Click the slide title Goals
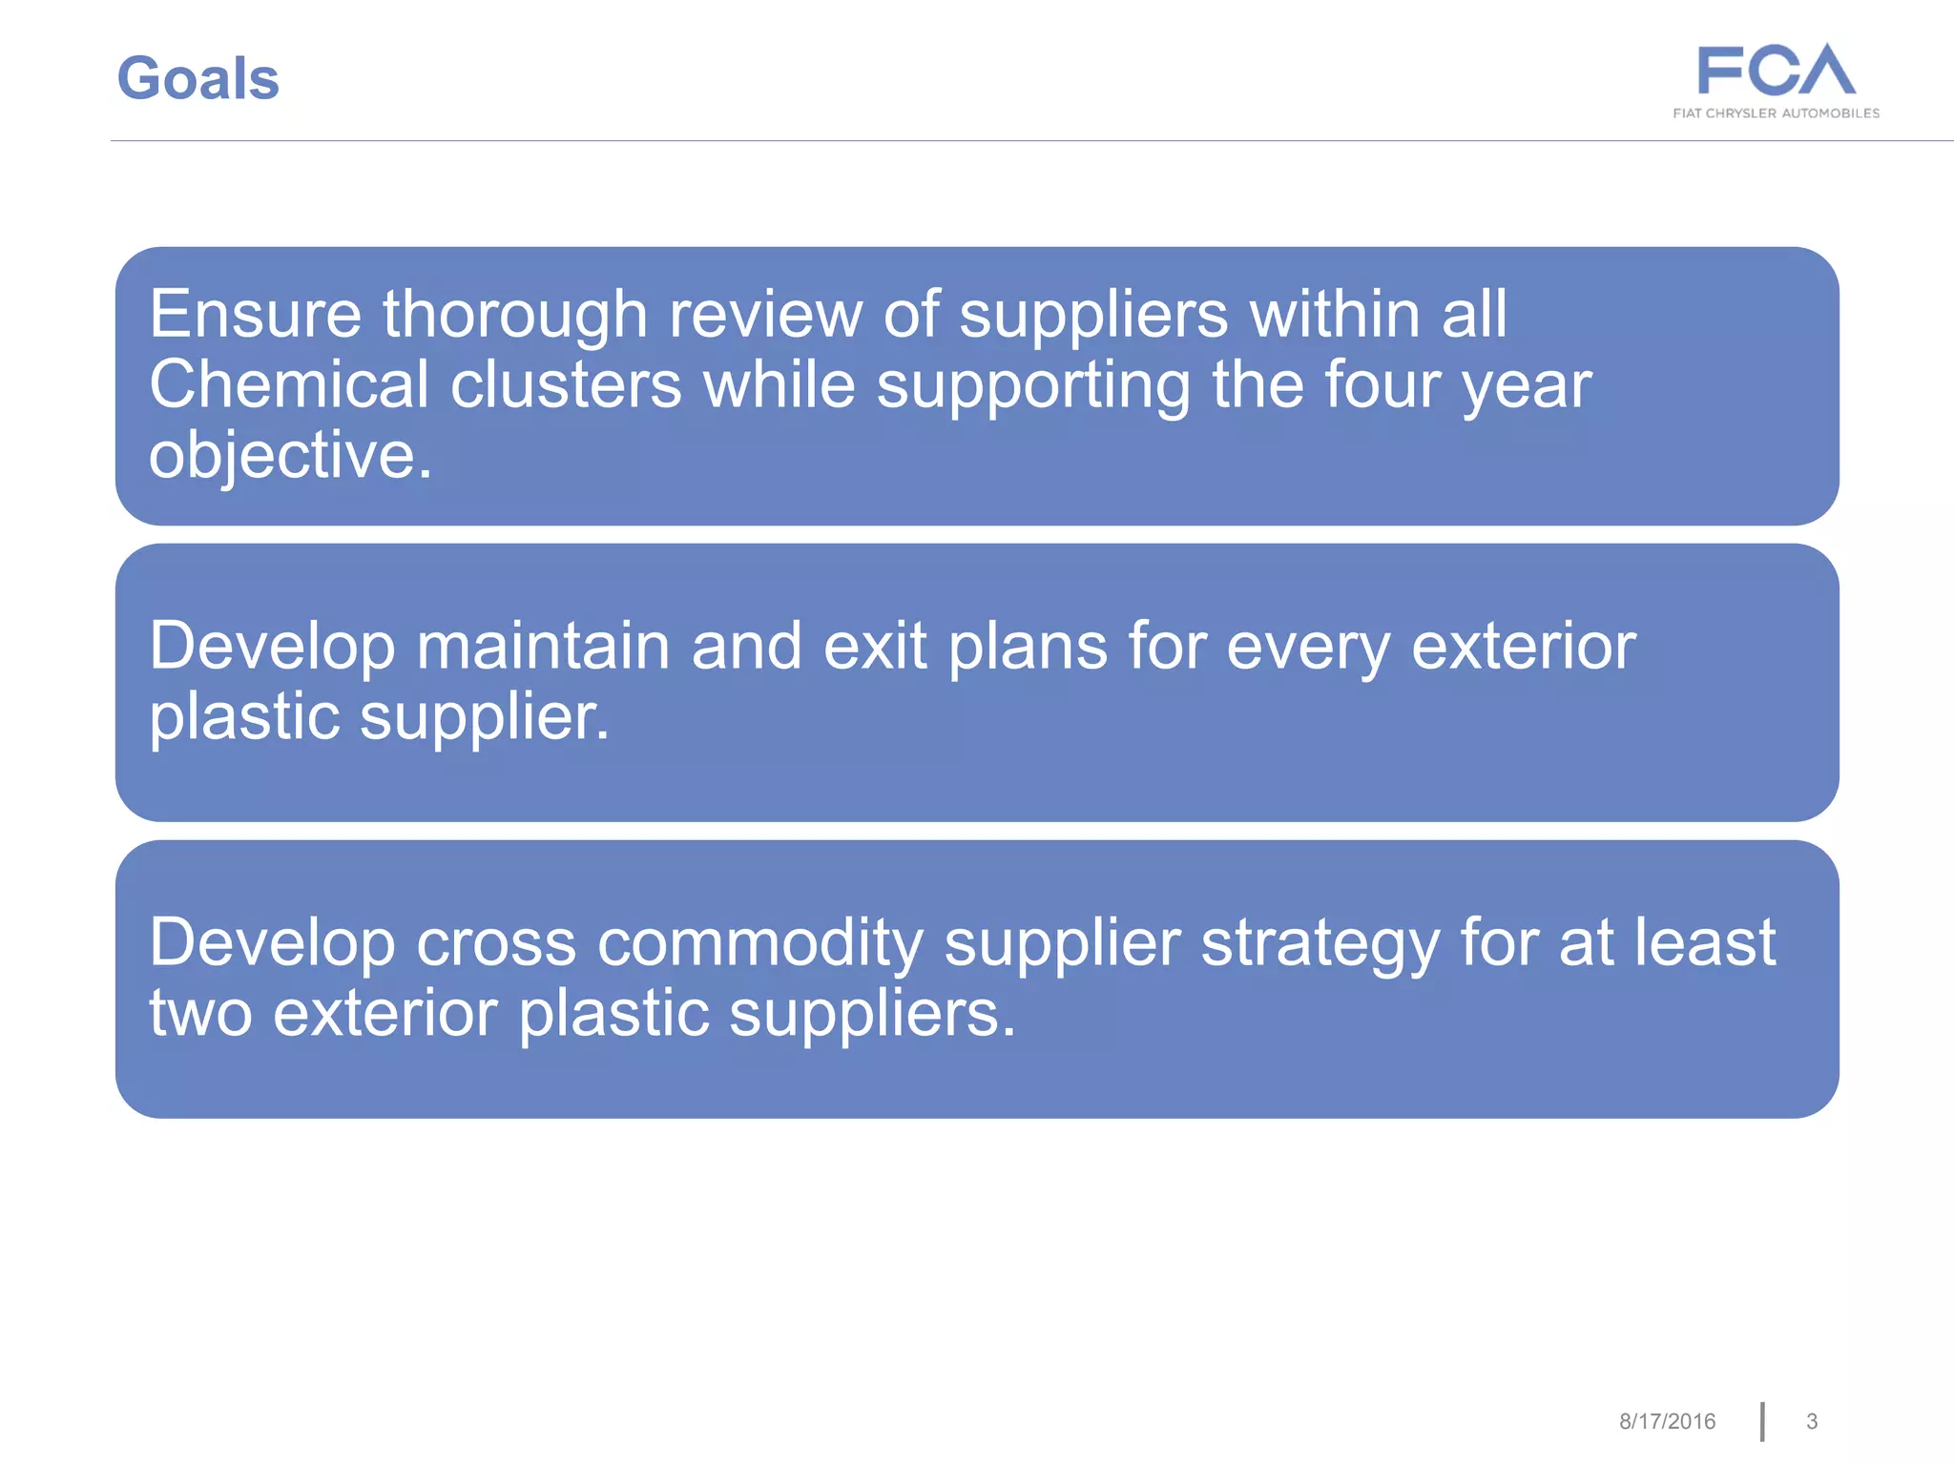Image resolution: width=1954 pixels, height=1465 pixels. pyautogui.click(x=197, y=78)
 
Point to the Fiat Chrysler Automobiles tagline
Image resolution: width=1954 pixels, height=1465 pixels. pyautogui.click(x=1776, y=113)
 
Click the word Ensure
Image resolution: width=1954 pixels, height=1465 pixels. pyautogui.click(x=255, y=314)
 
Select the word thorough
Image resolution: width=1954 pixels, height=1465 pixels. pyautogui.click(x=515, y=316)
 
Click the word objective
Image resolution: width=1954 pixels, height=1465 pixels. pyautogui.click(x=290, y=456)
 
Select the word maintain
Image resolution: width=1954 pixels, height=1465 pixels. pyautogui.click(x=543, y=647)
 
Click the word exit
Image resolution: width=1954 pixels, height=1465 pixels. pyautogui.click(x=874, y=647)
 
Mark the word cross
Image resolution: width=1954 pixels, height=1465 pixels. pyautogui.click(x=496, y=943)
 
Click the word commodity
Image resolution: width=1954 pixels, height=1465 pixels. pyautogui.click(x=760, y=943)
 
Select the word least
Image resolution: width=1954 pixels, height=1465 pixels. pyautogui.click(x=1704, y=943)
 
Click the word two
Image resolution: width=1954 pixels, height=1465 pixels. pyautogui.click(x=200, y=1014)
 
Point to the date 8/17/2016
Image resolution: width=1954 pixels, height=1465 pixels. pyautogui.click(x=1667, y=1422)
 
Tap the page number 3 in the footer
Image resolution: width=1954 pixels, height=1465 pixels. pyautogui.click(x=1812, y=1422)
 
